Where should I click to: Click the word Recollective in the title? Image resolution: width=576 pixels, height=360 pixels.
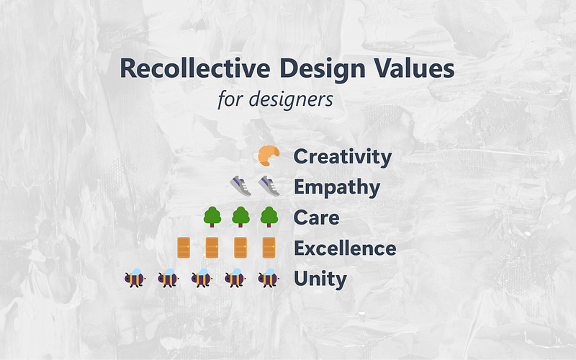[186, 68]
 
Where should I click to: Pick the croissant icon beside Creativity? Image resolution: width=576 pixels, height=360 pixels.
[269, 156]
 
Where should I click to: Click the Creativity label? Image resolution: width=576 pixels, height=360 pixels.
[343, 156]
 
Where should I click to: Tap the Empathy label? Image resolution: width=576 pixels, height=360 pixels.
[337, 187]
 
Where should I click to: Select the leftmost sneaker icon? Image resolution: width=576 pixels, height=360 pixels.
[240, 186]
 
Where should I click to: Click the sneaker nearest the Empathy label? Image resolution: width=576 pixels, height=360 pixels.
[269, 186]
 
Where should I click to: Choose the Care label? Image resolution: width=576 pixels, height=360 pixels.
[317, 217]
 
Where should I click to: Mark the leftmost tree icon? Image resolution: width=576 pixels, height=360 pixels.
[212, 217]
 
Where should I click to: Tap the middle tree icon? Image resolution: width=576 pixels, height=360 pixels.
[240, 217]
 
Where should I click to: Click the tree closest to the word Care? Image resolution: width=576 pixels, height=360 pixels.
[269, 217]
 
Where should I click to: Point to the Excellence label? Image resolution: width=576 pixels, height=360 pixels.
[345, 248]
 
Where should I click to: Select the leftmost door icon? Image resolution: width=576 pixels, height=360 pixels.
[183, 248]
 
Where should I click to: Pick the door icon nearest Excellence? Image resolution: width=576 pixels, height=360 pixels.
[269, 248]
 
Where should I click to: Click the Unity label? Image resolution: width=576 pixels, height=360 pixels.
[320, 279]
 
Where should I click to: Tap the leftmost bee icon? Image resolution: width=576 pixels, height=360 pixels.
[135, 278]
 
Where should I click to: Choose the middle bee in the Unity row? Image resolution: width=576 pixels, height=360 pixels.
[202, 278]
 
